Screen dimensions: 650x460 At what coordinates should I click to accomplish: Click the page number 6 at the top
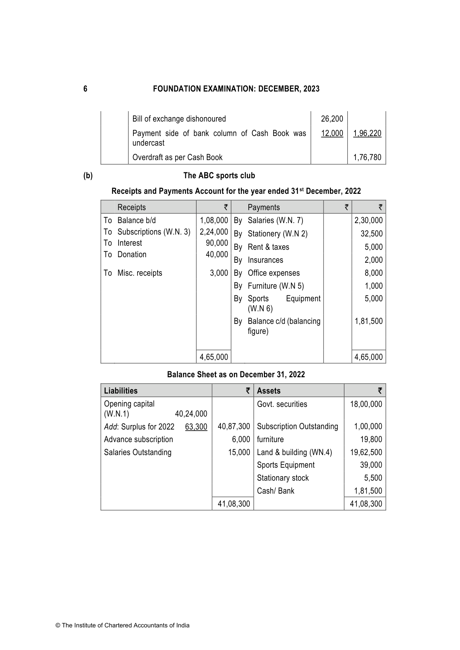point(85,89)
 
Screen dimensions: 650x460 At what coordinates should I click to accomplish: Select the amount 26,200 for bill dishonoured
point(332,119)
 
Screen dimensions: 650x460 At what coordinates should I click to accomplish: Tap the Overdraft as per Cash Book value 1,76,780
point(367,157)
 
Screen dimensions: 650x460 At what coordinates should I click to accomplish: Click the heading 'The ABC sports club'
point(219,176)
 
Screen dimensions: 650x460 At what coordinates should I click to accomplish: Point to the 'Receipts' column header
point(132,208)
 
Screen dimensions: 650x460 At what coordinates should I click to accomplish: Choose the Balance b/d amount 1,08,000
point(214,220)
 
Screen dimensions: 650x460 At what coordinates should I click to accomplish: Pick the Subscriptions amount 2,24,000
point(214,232)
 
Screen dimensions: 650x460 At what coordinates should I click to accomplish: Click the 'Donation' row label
point(132,255)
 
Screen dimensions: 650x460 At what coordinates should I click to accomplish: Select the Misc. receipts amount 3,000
point(219,273)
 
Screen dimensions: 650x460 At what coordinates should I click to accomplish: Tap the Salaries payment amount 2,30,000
point(368,220)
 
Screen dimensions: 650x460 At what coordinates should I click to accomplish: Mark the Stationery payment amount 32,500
point(371,234)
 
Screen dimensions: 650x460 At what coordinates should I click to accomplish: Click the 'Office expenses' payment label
point(274,273)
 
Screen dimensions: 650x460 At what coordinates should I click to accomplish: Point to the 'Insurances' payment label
point(265,260)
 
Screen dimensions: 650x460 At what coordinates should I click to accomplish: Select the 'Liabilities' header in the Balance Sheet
point(121,391)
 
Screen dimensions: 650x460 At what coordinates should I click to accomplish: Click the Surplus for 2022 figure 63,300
point(196,427)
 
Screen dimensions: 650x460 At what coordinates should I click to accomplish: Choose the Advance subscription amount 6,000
point(241,440)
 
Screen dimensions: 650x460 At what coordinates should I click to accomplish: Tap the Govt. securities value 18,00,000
point(366,404)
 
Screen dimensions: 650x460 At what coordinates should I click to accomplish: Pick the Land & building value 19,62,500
point(366,452)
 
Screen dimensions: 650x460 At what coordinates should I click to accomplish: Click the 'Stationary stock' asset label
point(283,478)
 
